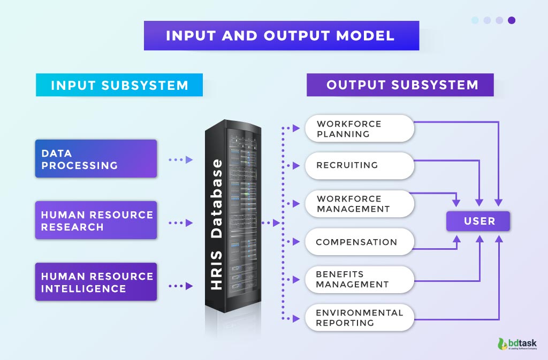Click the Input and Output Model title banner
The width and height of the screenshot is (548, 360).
(x=281, y=36)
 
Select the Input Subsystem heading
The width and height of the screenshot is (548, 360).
(x=119, y=85)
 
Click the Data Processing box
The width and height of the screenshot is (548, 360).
(x=96, y=159)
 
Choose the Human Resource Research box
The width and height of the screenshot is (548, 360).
(x=96, y=220)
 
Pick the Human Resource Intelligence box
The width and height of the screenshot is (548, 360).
(x=96, y=282)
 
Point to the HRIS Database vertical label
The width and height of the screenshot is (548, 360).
(x=217, y=225)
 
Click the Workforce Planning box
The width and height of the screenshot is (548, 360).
(x=359, y=128)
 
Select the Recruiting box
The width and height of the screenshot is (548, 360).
(x=359, y=165)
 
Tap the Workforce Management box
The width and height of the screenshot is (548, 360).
(x=359, y=203)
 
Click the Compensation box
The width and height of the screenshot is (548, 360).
(x=359, y=242)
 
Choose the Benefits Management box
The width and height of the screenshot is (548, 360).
(x=359, y=280)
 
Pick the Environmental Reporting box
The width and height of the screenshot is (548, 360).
(x=359, y=318)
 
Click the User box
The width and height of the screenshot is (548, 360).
(x=478, y=221)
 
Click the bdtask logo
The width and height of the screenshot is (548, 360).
(x=517, y=344)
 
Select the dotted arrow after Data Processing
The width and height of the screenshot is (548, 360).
(x=180, y=159)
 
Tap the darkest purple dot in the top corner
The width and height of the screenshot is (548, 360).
(x=512, y=20)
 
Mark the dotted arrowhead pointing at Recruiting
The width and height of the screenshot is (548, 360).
(x=296, y=166)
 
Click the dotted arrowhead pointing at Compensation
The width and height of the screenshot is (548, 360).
(x=296, y=242)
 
